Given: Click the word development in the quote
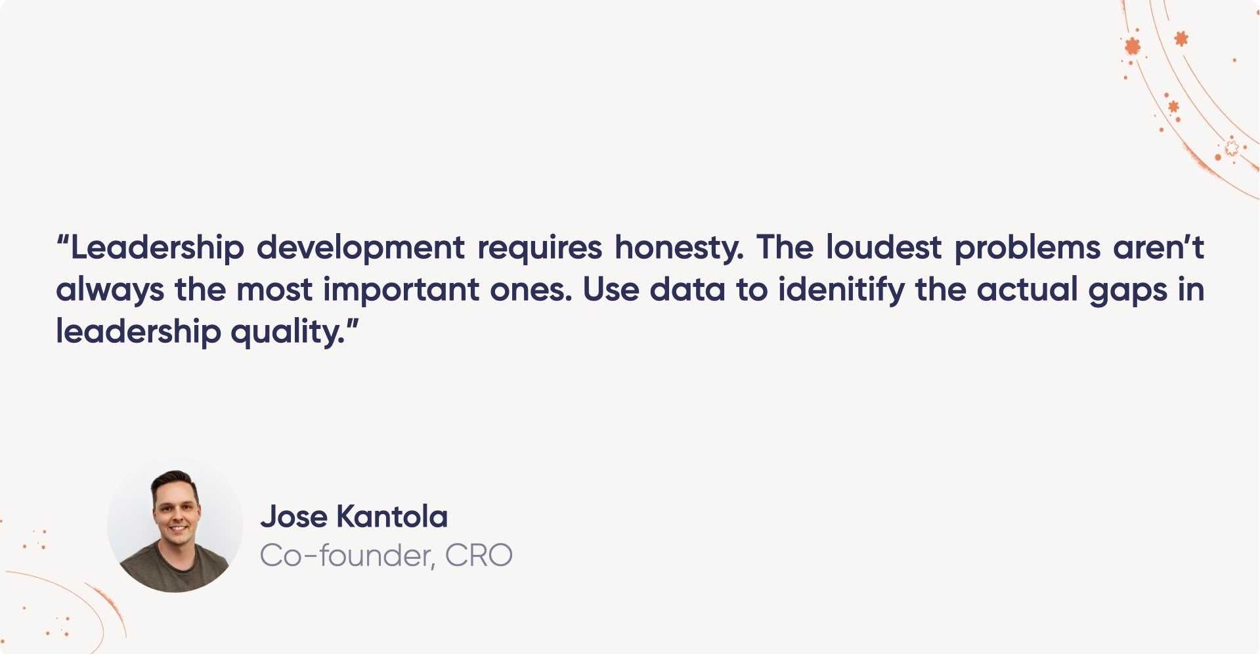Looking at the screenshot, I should click(x=360, y=248).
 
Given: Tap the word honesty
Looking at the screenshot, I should click(x=678, y=248).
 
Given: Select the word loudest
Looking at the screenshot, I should click(x=883, y=248).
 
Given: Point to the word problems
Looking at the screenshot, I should click(x=1027, y=248).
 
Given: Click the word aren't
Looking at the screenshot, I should click(x=1158, y=248).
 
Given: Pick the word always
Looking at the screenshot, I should click(x=110, y=290).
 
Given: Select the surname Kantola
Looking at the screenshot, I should click(x=392, y=517).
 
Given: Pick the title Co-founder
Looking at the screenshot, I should click(x=347, y=556).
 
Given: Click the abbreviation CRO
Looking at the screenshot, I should click(x=479, y=556).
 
